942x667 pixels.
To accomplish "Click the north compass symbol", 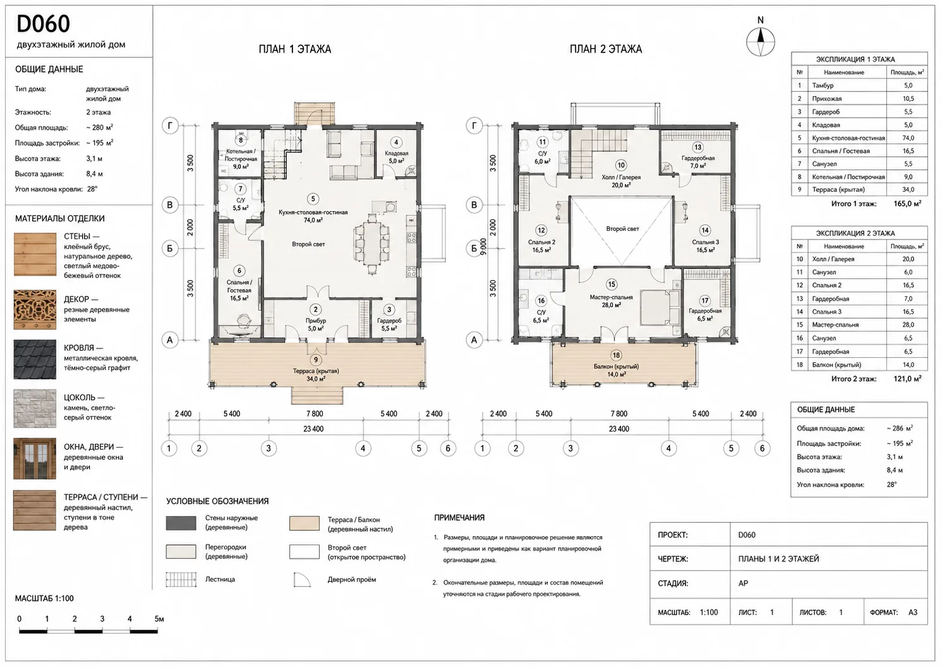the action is coord(760,42).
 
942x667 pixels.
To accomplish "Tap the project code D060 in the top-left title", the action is coord(43,23).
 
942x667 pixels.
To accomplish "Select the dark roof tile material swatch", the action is coord(35,359).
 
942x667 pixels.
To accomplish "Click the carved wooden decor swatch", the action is coord(35,309).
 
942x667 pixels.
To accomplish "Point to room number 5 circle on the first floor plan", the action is coord(313,199).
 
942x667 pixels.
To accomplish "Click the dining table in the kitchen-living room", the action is coord(372,244).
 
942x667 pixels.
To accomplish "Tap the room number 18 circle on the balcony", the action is coord(616,355).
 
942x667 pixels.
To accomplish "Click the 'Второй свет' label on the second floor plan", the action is coord(622,229).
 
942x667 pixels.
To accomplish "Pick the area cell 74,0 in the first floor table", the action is coord(908,138).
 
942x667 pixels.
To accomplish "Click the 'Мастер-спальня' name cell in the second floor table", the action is coord(835,325).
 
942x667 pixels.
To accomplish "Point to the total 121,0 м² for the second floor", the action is coord(907,379).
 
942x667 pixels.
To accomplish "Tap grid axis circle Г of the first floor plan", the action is coord(170,125).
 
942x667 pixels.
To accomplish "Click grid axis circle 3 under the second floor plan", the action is coord(571,448).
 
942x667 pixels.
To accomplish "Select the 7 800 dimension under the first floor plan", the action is coord(315,413).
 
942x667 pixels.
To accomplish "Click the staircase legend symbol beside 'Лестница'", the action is coord(181,580).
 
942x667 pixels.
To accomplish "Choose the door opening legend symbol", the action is coord(302,580).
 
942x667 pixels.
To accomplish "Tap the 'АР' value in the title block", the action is coord(743,584).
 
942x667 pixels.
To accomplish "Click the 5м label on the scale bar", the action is coord(159,618).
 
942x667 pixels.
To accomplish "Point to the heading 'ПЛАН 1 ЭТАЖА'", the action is coord(295,49).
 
